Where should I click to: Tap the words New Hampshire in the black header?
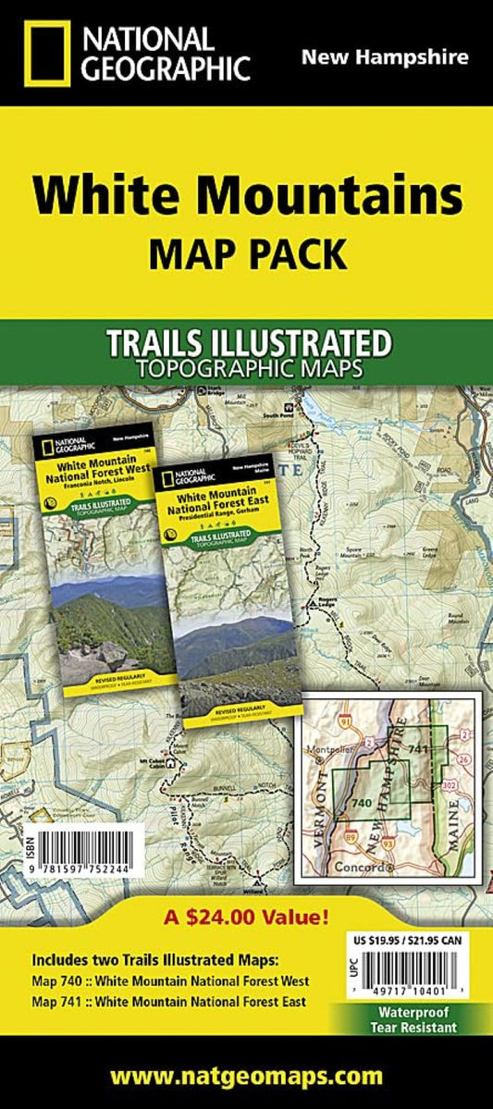click(x=385, y=57)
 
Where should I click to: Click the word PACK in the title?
click(x=295, y=251)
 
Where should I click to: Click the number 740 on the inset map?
click(x=362, y=802)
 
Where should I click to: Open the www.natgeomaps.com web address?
click(x=246, y=1075)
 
